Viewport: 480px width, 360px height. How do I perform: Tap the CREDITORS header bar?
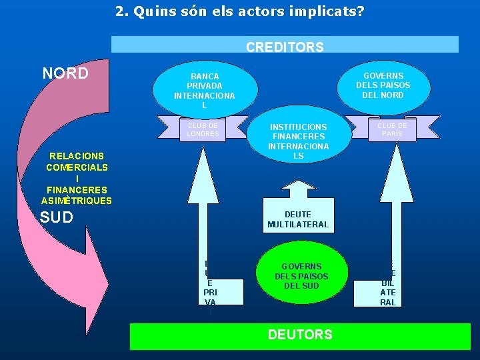(x=285, y=45)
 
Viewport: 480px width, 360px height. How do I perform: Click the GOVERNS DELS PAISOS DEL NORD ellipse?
(x=383, y=85)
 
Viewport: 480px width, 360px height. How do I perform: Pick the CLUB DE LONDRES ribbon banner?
(x=203, y=129)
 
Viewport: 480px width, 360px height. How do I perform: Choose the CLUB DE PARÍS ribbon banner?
(x=392, y=129)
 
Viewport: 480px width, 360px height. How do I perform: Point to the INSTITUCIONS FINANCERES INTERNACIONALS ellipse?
(x=298, y=141)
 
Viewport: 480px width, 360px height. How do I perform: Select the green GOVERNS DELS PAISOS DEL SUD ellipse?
(x=301, y=275)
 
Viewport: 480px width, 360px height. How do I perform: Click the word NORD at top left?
(x=65, y=73)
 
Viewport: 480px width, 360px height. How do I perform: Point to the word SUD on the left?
(x=57, y=217)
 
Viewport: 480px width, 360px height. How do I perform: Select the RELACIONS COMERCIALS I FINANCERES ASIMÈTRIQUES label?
(x=77, y=178)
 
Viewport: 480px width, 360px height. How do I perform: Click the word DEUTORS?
(x=300, y=335)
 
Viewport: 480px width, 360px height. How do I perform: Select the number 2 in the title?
(x=119, y=11)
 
